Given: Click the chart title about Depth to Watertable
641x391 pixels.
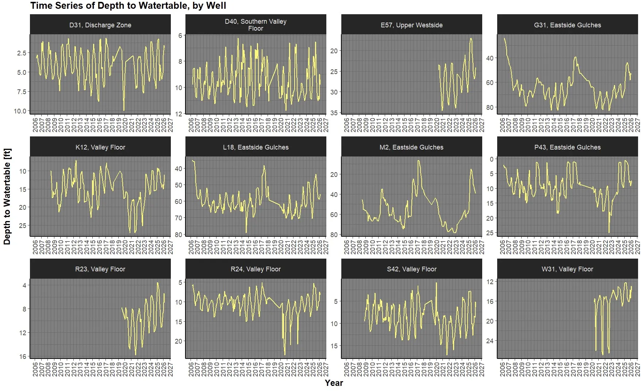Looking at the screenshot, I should [128, 6].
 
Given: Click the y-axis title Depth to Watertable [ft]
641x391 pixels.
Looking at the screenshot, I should [7, 196].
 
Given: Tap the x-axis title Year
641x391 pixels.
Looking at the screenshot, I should [334, 383].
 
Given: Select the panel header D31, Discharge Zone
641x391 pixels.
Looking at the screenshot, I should [100, 25].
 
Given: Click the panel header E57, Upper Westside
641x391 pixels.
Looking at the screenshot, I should [411, 25].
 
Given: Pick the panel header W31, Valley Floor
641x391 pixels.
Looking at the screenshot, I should [567, 269].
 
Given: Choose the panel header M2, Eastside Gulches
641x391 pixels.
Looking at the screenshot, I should [411, 147].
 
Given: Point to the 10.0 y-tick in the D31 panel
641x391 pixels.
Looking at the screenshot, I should [20, 111].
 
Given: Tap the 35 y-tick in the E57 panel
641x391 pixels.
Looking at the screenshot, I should [334, 113].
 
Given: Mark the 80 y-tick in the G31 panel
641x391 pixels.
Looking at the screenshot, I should [490, 107].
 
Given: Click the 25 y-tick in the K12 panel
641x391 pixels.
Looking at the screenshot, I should [23, 225].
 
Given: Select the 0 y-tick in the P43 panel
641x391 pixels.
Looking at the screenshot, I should [491, 159].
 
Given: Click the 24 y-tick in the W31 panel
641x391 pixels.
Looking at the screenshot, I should [490, 341].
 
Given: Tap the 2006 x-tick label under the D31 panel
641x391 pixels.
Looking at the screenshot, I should [35, 125].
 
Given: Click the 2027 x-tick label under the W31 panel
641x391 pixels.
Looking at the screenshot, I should [637, 369].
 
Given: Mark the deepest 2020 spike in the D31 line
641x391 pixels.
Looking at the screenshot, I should [124, 110].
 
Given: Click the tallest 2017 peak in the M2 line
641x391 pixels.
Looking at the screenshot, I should [418, 161].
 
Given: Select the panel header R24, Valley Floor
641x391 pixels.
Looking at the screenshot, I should [256, 269].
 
